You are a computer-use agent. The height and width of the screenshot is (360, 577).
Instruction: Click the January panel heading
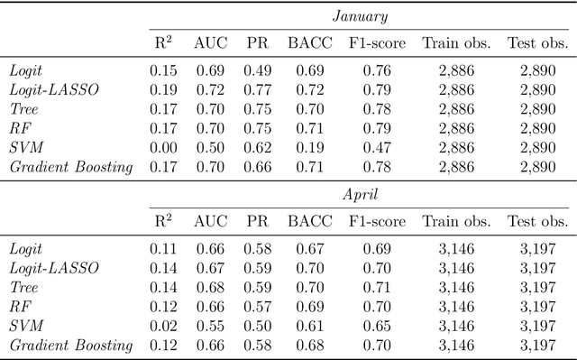[360, 15]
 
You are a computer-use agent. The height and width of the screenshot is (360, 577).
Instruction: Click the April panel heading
[360, 194]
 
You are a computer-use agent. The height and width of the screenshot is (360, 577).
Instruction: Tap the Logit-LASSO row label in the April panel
[53, 268]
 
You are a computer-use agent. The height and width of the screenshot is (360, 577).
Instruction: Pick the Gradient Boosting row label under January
[70, 166]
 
